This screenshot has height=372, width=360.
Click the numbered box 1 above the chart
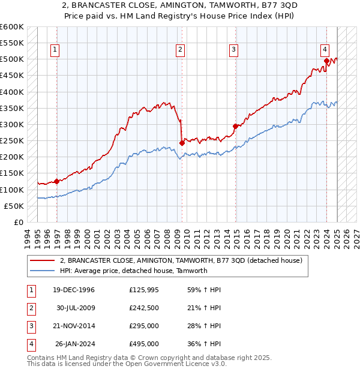point(55,50)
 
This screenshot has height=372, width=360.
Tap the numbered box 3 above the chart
point(233,50)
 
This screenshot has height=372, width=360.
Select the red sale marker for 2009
point(181,143)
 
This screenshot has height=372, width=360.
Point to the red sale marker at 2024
point(326,61)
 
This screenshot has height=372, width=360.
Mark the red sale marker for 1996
point(56,181)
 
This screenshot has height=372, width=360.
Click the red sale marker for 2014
point(235,126)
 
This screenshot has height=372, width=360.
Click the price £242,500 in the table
point(144,308)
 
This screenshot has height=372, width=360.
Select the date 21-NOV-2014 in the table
point(74,326)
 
